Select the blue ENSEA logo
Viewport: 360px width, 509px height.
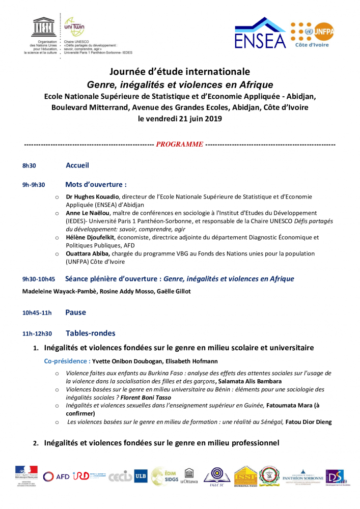point(260,34)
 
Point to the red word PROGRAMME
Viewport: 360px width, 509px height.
point(180,144)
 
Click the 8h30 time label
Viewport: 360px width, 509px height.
point(29,166)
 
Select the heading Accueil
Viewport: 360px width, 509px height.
point(77,165)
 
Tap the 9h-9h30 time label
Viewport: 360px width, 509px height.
point(34,185)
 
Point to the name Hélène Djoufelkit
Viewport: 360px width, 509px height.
point(90,237)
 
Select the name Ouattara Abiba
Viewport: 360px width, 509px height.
point(88,253)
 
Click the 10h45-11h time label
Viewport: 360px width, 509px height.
point(37,313)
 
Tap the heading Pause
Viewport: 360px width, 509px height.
point(75,313)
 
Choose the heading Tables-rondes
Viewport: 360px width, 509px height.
point(91,333)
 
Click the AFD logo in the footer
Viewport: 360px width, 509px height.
point(57,476)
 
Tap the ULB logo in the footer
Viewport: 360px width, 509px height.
point(140,476)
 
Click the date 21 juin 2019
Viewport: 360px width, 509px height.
point(195,119)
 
